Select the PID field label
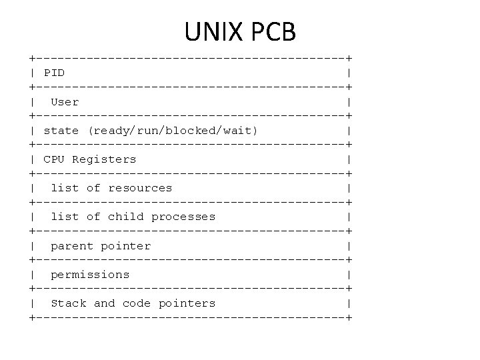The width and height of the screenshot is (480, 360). tap(54, 73)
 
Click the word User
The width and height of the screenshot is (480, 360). tap(65, 102)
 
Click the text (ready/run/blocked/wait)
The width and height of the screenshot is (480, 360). tap(173, 131)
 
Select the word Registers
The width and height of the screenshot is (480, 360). tap(104, 159)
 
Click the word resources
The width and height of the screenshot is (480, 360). tap(140, 188)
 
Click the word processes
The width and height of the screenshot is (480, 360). tap(183, 217)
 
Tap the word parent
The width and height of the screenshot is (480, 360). tap(72, 246)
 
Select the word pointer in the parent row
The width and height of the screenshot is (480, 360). tap(126, 246)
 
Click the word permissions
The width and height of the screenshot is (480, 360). tap(90, 275)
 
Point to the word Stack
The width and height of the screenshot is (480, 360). tap(69, 303)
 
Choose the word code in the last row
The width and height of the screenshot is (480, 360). tap(137, 303)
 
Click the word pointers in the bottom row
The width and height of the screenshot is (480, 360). tap(187, 303)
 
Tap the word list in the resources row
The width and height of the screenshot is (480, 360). tap(65, 188)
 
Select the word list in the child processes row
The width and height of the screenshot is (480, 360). tap(65, 217)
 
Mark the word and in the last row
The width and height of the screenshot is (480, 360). tap(104, 303)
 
